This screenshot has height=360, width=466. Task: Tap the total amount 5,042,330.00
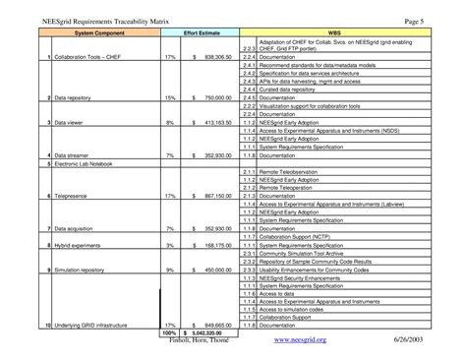click(x=210, y=331)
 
